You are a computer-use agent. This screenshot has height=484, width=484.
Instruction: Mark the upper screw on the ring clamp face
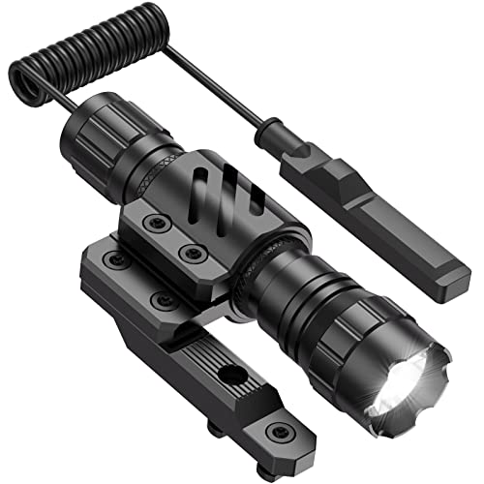[151, 222]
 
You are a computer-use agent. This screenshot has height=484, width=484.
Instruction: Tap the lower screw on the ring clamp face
[194, 254]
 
